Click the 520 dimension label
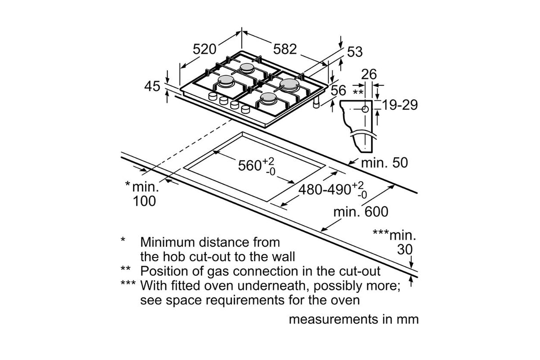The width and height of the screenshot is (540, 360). click(205, 49)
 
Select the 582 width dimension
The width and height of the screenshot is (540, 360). click(285, 49)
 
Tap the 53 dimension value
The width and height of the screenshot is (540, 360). click(355, 52)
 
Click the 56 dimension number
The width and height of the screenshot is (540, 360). click(338, 90)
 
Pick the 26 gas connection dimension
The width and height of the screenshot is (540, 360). click(369, 74)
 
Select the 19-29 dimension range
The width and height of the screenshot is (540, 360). click(400, 105)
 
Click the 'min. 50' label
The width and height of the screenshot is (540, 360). click(385, 162)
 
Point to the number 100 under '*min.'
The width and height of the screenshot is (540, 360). click(144, 201)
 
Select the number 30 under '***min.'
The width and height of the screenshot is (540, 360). click(405, 249)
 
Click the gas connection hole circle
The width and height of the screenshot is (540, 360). click(365, 109)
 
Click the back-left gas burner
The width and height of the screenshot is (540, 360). click(247, 68)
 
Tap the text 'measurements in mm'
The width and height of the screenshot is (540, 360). click(353, 319)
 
